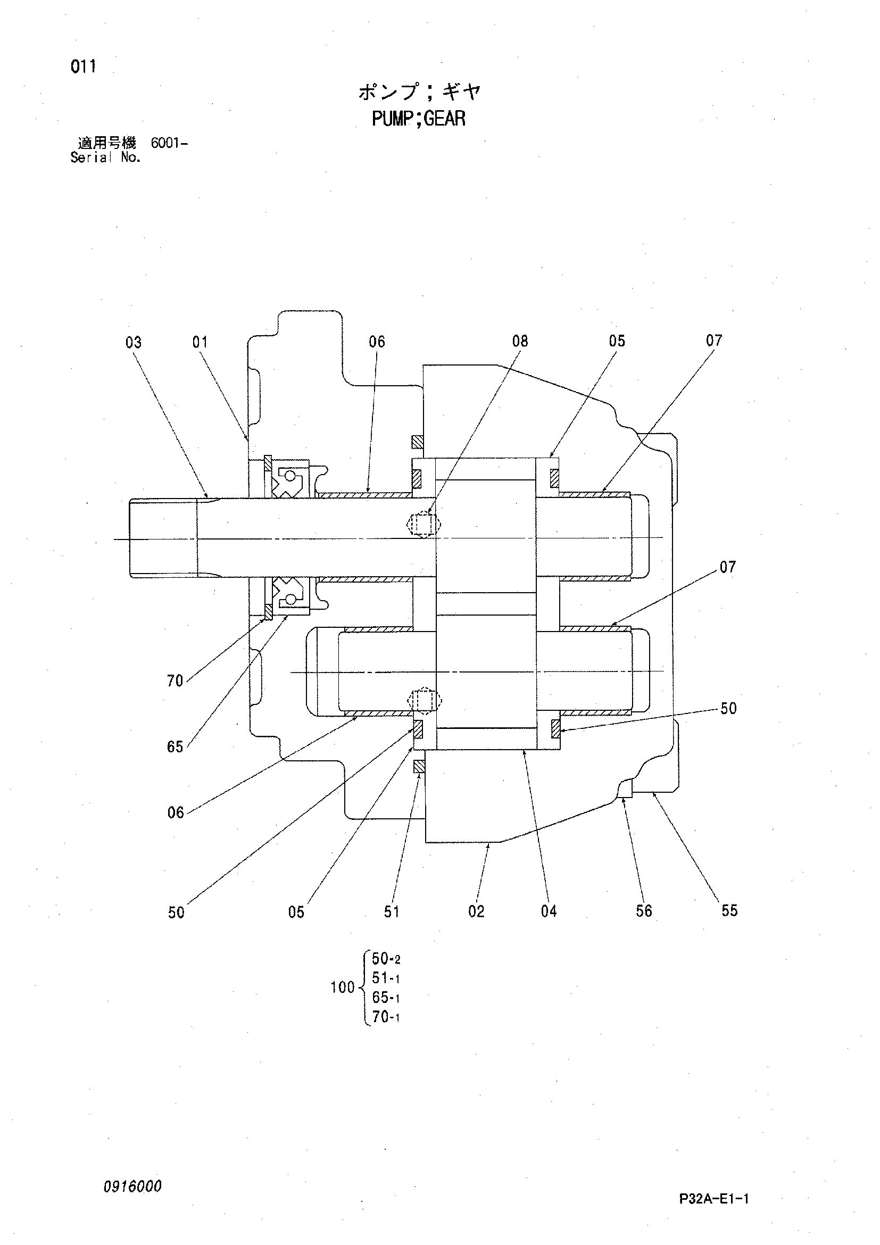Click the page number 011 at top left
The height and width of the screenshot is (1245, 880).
tap(83, 67)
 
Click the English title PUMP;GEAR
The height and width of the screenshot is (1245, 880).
tap(419, 118)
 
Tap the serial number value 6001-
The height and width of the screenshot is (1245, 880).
tap(169, 144)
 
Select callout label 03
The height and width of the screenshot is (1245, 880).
tap(134, 342)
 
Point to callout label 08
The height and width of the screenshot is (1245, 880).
tap(520, 341)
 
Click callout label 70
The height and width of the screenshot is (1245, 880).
tap(175, 680)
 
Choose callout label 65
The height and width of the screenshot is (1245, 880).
tap(175, 747)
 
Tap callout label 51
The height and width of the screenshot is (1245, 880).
tap(392, 912)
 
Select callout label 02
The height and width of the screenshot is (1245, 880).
tap(476, 911)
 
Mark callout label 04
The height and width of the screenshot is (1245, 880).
tap(549, 911)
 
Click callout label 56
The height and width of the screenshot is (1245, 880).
tap(644, 911)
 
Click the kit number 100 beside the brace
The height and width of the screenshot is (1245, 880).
tap(343, 987)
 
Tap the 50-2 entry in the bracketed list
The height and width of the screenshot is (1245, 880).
tap(386, 959)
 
